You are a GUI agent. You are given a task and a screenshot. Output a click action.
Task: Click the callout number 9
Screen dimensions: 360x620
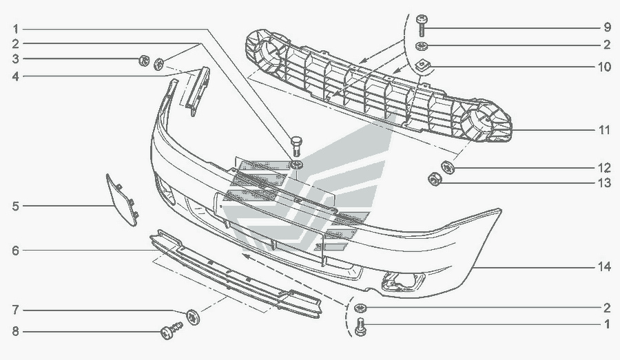pos(607,28)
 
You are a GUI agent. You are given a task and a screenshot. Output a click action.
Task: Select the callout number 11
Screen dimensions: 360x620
pos(604,129)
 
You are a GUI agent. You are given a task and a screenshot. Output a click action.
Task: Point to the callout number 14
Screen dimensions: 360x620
pos(604,267)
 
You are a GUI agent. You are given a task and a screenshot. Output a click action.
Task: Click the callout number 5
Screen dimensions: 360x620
pos(14,205)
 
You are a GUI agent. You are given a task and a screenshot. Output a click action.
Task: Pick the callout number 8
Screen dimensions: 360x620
pos(14,332)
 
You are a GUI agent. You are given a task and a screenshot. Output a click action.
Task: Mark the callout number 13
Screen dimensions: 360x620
pos(604,183)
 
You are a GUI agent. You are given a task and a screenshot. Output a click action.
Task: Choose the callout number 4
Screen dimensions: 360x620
pos(14,76)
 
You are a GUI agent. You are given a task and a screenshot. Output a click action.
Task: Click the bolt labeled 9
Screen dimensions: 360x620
pos(422,25)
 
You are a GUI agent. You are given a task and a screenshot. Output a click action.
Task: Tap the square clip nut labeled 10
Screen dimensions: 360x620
pos(422,66)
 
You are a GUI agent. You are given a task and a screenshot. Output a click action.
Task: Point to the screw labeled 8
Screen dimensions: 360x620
pos(169,332)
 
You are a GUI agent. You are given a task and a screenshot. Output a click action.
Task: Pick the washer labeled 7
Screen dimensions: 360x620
pos(193,316)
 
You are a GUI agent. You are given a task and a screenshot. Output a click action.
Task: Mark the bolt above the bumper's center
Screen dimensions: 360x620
pos(296,145)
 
